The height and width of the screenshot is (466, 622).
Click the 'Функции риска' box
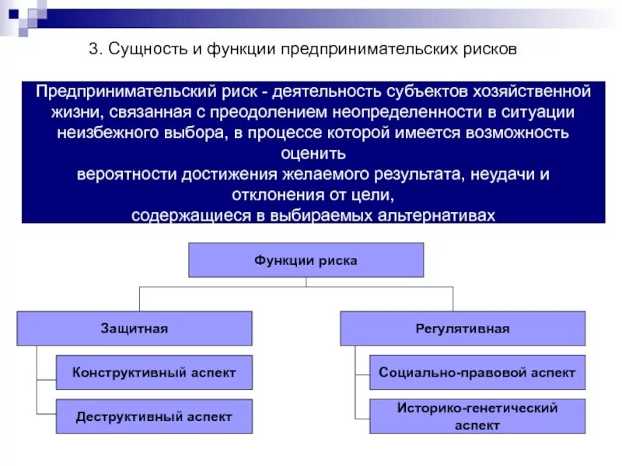(306, 260)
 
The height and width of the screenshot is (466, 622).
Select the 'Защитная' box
(134, 329)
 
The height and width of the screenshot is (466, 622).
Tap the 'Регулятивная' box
(462, 329)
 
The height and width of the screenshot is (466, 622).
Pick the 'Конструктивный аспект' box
(154, 372)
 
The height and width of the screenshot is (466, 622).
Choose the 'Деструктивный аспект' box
(154, 416)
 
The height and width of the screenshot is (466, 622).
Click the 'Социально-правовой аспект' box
(477, 372)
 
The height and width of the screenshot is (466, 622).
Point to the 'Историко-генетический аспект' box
(477, 416)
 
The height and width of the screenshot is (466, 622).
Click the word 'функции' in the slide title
(236, 50)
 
